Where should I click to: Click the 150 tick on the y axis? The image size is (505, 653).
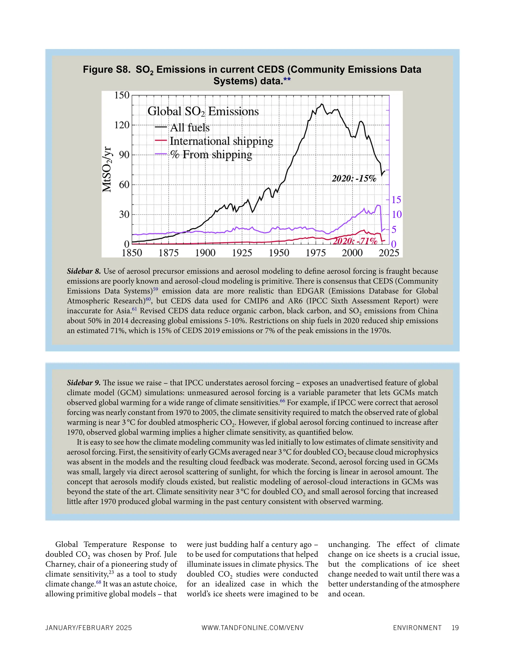coord(122,95)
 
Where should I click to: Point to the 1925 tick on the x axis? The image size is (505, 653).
coord(242,253)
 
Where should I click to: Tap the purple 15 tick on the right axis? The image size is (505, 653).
coord(397,200)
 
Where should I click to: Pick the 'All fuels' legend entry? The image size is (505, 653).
coord(190,128)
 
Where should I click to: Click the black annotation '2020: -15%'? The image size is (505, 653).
coord(354,178)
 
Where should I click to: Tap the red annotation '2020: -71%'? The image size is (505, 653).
coord(355,241)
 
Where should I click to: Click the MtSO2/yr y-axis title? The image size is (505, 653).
coord(107,170)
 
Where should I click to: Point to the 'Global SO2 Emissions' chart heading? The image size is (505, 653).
coord(203,112)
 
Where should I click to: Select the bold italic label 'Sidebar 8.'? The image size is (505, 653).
coord(84,271)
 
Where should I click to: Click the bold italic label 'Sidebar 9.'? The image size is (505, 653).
coord(84,383)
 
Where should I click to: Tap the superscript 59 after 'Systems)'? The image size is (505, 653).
coord(155,289)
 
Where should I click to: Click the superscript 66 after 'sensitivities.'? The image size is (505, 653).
coord(282,401)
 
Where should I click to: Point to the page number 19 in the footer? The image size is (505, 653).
coord(455,628)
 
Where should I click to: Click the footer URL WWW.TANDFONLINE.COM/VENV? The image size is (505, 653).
coord(252,628)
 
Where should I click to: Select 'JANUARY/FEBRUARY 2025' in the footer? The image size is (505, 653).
coord(89,628)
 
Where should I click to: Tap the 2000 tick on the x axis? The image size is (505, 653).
coord(352,253)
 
